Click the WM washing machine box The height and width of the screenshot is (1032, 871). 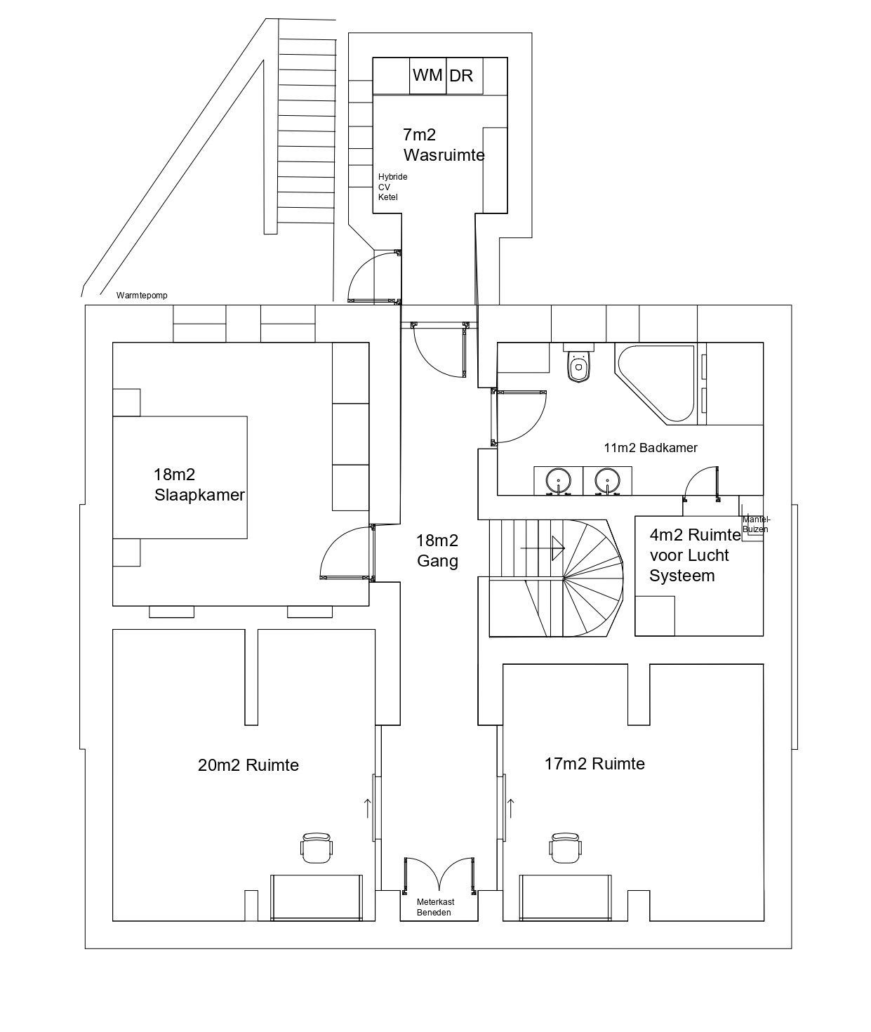click(x=427, y=75)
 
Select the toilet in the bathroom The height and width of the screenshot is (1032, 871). click(x=579, y=364)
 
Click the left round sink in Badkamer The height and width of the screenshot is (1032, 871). click(x=559, y=480)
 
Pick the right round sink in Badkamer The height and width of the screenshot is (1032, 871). click(x=606, y=480)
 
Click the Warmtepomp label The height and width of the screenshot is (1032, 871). click(x=142, y=296)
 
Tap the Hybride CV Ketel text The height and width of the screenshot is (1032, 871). click(x=392, y=187)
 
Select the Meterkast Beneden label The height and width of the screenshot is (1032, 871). click(x=435, y=906)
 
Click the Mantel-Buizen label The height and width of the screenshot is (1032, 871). click(x=755, y=524)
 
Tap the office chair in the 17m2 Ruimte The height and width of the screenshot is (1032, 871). click(x=565, y=848)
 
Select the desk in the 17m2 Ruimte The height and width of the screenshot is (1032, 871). click(x=565, y=897)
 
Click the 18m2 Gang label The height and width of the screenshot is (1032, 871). click(x=437, y=550)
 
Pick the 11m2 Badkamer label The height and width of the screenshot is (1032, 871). click(x=650, y=447)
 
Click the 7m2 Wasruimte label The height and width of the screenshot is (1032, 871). click(x=443, y=145)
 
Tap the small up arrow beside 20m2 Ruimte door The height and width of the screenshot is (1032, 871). click(x=367, y=807)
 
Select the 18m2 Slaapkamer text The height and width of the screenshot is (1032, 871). click(x=199, y=485)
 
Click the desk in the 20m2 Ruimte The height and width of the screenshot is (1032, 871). click(x=317, y=897)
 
